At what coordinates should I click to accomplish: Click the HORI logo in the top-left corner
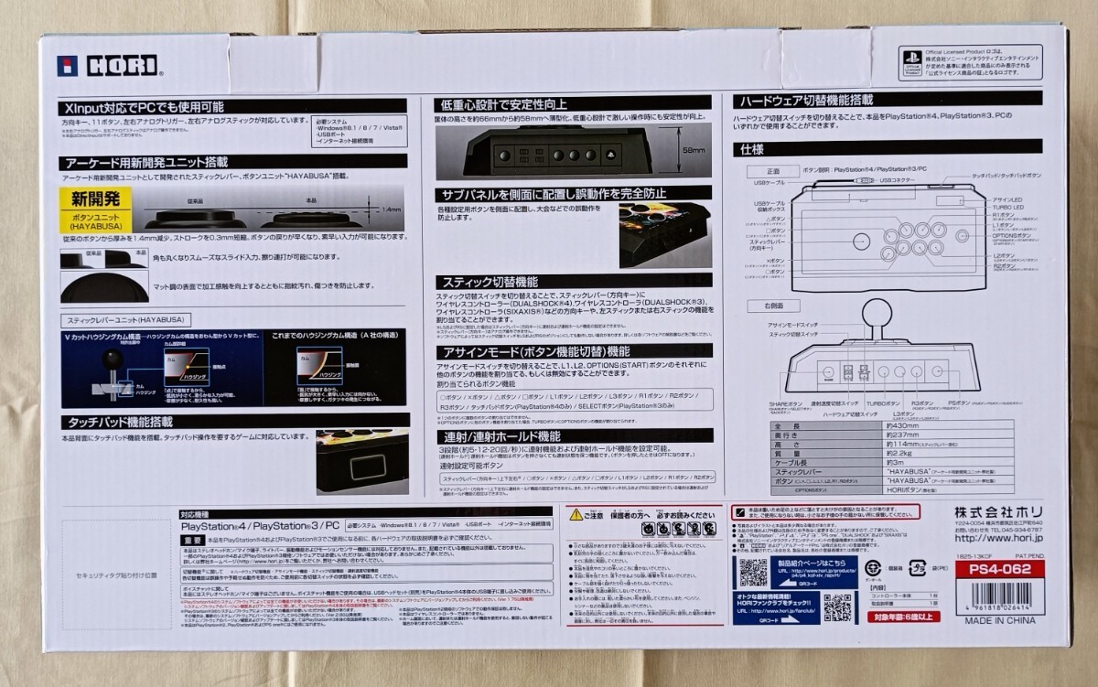coord(108,66)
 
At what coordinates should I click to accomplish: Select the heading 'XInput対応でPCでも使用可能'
coord(144,108)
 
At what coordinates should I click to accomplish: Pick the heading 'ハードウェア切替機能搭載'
coord(805,99)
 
